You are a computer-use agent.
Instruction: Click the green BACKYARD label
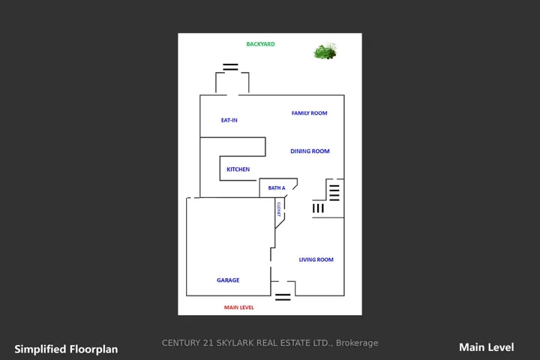(x=260, y=44)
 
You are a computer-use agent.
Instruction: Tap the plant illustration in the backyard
(x=325, y=51)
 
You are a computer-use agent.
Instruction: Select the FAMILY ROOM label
(x=309, y=113)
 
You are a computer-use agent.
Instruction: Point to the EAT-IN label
(x=229, y=120)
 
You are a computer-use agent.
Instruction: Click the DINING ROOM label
(x=310, y=151)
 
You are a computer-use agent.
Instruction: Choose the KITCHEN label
(x=238, y=169)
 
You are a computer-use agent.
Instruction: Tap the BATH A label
(x=277, y=188)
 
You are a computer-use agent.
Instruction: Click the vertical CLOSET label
(x=278, y=209)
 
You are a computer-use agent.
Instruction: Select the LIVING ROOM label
(x=316, y=259)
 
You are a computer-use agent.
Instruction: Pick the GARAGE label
(x=228, y=280)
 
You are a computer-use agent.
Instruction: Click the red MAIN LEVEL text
(x=239, y=307)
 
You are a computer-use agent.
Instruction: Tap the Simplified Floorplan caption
(x=66, y=349)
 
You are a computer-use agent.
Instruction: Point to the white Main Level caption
(x=486, y=347)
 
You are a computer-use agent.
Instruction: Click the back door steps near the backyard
(x=230, y=67)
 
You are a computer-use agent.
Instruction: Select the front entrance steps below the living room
(x=283, y=297)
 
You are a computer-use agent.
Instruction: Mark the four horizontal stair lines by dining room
(x=334, y=193)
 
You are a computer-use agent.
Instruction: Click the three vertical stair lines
(x=318, y=208)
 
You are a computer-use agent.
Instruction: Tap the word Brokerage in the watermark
(x=357, y=343)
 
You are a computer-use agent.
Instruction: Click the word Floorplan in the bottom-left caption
(x=94, y=349)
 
